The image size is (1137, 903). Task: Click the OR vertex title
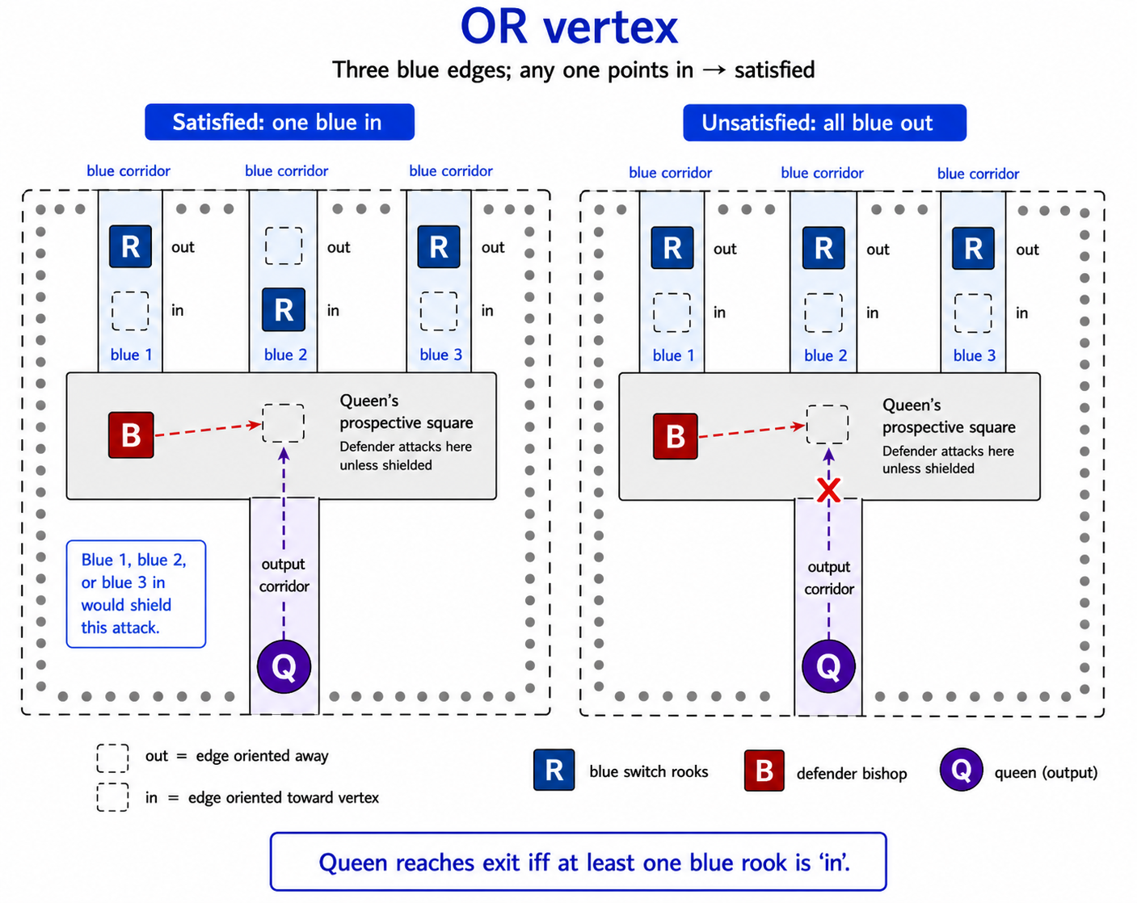569,27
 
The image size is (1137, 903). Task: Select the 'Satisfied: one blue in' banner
280,122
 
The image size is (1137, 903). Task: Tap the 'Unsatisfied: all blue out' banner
824,123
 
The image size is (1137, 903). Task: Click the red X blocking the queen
828,490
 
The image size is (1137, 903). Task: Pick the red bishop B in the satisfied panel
131,435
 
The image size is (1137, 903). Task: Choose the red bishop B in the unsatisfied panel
676,436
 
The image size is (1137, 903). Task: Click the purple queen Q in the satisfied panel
284,666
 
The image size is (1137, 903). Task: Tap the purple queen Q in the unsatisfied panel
828,666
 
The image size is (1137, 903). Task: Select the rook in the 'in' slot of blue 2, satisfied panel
284,309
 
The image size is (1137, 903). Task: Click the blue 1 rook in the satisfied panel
130,246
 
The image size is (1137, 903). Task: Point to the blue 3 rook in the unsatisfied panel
973,248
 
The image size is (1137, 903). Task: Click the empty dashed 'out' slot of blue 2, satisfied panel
284,246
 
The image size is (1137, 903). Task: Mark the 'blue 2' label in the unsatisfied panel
825,355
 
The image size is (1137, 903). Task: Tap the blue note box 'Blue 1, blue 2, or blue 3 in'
136,594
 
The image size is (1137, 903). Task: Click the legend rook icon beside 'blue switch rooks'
554,770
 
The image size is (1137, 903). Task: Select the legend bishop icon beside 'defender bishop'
764,771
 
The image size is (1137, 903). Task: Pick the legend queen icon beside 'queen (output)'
961,770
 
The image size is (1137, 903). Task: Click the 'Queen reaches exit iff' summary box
578,862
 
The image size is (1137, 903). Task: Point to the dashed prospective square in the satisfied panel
284,423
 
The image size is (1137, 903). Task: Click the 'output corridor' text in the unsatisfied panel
829,577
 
